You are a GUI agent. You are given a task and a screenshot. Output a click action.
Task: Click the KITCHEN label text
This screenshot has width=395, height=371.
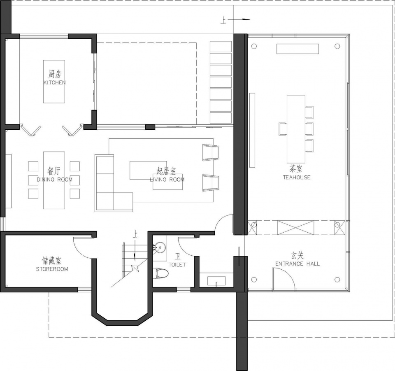[54, 82]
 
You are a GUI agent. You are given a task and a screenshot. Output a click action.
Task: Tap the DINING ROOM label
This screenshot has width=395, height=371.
[55, 180]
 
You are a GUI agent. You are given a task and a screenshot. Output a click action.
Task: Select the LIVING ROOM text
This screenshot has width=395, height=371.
[167, 180]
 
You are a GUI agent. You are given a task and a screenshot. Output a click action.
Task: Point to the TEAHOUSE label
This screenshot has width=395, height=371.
[297, 177]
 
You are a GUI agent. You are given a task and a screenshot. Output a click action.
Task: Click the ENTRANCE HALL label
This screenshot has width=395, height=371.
[297, 264]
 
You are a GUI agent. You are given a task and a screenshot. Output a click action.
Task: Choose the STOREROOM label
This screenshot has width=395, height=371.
[52, 269]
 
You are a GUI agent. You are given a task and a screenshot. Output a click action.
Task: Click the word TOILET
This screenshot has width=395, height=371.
[177, 264]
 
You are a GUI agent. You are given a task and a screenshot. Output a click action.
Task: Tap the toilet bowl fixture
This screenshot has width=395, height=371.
[160, 273]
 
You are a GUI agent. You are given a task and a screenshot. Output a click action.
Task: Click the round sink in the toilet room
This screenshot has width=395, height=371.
[160, 247]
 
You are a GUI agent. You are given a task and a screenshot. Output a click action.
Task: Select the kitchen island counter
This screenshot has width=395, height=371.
[54, 82]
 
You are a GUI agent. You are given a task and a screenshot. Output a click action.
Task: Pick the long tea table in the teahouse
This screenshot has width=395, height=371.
[296, 129]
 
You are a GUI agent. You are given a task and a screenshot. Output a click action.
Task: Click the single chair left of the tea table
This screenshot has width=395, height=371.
[283, 129]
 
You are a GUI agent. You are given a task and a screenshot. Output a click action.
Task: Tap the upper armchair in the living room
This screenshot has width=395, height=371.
[211, 152]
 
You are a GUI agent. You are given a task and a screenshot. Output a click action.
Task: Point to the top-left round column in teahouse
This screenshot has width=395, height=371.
[254, 47]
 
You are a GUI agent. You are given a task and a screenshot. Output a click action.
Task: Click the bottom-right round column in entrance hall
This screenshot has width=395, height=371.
[337, 280]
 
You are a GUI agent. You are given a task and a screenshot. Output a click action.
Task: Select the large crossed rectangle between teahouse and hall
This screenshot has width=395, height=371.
[296, 228]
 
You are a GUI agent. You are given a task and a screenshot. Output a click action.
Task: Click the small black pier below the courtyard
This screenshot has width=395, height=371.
[150, 127]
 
